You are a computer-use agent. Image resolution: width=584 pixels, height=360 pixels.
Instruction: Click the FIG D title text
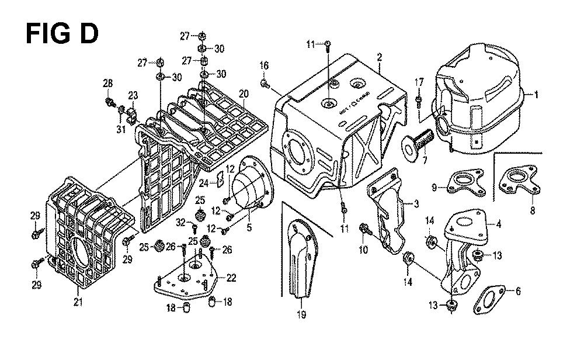pyautogui.click(x=62, y=34)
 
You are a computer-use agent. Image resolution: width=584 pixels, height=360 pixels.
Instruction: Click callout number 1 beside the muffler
pyautogui.click(x=538, y=95)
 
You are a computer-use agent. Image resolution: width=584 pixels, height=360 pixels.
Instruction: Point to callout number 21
pyautogui.click(x=78, y=302)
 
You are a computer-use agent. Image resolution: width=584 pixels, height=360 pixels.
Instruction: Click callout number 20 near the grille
pyautogui.click(x=244, y=94)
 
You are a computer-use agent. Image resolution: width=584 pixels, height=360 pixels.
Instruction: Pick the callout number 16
pyautogui.click(x=264, y=65)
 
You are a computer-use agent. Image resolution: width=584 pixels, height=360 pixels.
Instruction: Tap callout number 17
pyautogui.click(x=419, y=82)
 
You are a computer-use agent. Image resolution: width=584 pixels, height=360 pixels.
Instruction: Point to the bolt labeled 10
pyautogui.click(x=366, y=229)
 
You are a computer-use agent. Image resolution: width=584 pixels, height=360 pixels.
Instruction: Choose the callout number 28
pyautogui.click(x=107, y=85)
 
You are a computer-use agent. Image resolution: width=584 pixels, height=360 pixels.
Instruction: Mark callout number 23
pyautogui.click(x=133, y=96)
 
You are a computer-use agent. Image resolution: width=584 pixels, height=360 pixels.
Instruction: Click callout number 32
pyautogui.click(x=181, y=222)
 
